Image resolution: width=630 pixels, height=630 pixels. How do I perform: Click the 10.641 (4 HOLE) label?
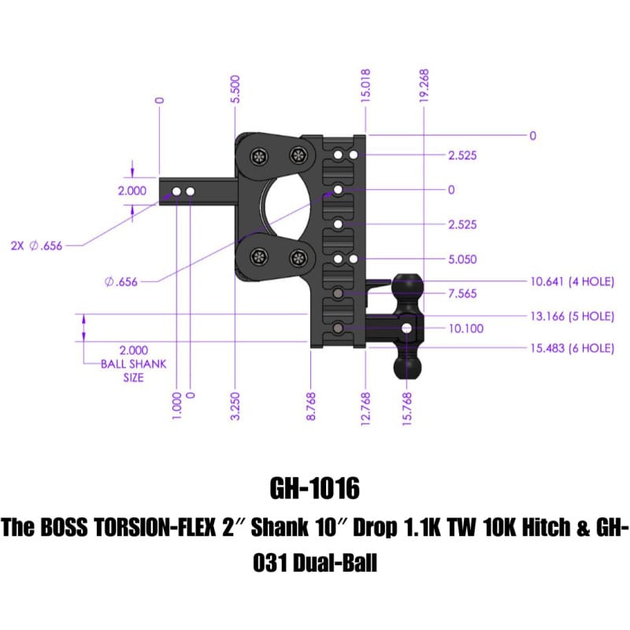point(570,280)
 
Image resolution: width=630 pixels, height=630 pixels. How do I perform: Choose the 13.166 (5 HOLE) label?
point(570,316)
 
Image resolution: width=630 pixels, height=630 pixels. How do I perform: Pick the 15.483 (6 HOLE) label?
point(570,348)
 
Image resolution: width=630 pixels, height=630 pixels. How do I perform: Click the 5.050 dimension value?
point(462,259)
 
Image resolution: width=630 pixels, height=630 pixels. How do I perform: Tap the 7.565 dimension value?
point(462,294)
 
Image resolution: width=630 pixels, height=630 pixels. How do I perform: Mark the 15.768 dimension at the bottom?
point(408,407)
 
